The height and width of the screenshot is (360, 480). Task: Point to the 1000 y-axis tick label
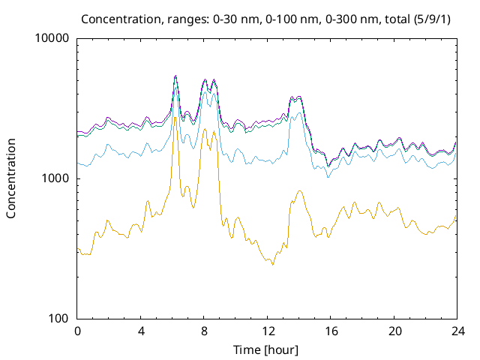[x=55, y=178]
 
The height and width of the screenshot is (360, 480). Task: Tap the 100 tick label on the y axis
[x=58, y=319]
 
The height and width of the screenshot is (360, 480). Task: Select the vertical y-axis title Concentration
[x=11, y=178]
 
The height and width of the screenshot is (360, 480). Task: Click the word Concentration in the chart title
[x=118, y=18]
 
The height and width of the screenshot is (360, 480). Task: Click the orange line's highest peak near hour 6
[x=175, y=117]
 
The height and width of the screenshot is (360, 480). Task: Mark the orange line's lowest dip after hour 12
[x=273, y=265]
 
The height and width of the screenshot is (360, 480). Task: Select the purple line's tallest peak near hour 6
[x=175, y=76]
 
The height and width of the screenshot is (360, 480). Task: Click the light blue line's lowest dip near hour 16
[x=328, y=177]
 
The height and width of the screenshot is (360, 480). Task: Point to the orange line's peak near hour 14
[x=300, y=190]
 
